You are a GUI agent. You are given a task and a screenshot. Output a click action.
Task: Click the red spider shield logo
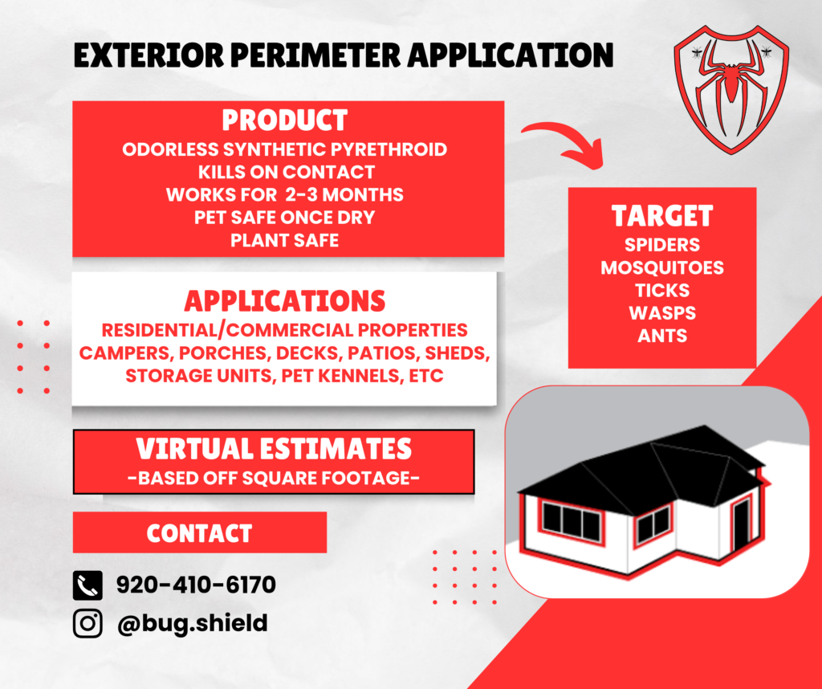click(x=731, y=89)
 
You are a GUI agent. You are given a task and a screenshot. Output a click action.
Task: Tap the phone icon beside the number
click(x=87, y=585)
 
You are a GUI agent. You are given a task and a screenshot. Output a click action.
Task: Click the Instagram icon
click(x=87, y=623)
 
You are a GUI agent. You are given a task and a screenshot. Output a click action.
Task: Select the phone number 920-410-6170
click(x=196, y=585)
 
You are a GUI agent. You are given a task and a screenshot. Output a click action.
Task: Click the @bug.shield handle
click(x=193, y=624)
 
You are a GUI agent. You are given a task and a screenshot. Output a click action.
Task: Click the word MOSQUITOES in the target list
click(x=662, y=268)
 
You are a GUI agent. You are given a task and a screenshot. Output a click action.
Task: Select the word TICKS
click(x=662, y=291)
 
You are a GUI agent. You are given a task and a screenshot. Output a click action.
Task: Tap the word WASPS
click(x=662, y=313)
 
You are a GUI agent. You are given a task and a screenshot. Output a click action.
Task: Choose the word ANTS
click(x=662, y=336)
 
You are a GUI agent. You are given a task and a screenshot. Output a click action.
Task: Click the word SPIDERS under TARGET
click(x=662, y=245)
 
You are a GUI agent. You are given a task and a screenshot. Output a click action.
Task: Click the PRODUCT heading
click(x=285, y=120)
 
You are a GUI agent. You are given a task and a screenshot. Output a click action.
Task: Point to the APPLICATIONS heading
click(x=285, y=301)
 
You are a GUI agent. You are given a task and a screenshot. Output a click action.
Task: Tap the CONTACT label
click(x=199, y=533)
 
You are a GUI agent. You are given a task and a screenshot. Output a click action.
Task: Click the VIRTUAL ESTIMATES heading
click(x=274, y=449)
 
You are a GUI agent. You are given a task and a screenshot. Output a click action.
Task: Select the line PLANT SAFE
click(x=285, y=241)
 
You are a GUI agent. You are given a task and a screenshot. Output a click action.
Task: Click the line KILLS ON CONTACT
click(x=287, y=172)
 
